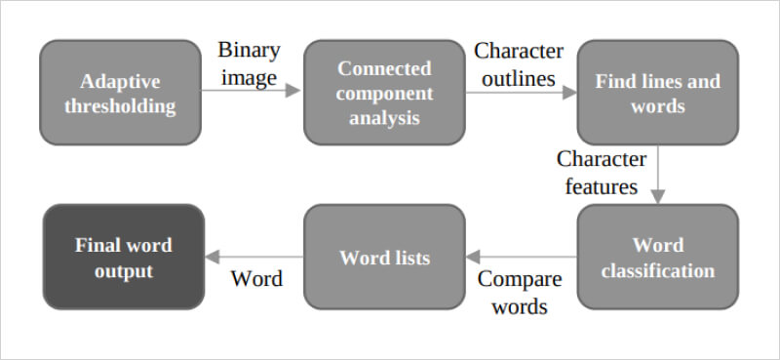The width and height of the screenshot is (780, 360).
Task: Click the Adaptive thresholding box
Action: coord(120,93)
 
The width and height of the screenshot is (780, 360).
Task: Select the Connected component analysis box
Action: coord(384,93)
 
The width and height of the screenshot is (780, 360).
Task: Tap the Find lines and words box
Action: coord(657,93)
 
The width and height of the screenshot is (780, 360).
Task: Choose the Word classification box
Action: coord(657,257)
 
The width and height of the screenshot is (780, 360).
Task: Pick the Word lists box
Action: coord(384,257)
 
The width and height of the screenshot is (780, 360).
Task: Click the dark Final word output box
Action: coord(123,257)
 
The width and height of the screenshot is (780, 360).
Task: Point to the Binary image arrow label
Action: coord(248,61)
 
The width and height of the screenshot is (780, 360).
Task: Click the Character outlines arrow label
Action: coord(519,61)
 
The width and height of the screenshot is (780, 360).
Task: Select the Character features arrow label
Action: coord(602,172)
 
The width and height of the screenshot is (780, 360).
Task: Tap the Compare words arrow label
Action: coord(519,293)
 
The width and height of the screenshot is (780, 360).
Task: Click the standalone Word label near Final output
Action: coord(256,279)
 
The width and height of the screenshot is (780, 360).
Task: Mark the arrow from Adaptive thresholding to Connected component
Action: coord(252,92)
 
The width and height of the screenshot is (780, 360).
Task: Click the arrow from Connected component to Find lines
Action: coord(521,92)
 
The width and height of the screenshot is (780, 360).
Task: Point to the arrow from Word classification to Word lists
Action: coord(521,257)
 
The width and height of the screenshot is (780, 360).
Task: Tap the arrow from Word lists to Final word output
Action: coord(253,257)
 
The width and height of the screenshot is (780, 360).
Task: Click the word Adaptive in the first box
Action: coord(120,81)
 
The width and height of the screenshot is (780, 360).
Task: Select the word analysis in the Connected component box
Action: coord(384,118)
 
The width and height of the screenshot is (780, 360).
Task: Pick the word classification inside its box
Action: coord(657,270)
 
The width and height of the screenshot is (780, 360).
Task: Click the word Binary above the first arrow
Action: coord(249,50)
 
